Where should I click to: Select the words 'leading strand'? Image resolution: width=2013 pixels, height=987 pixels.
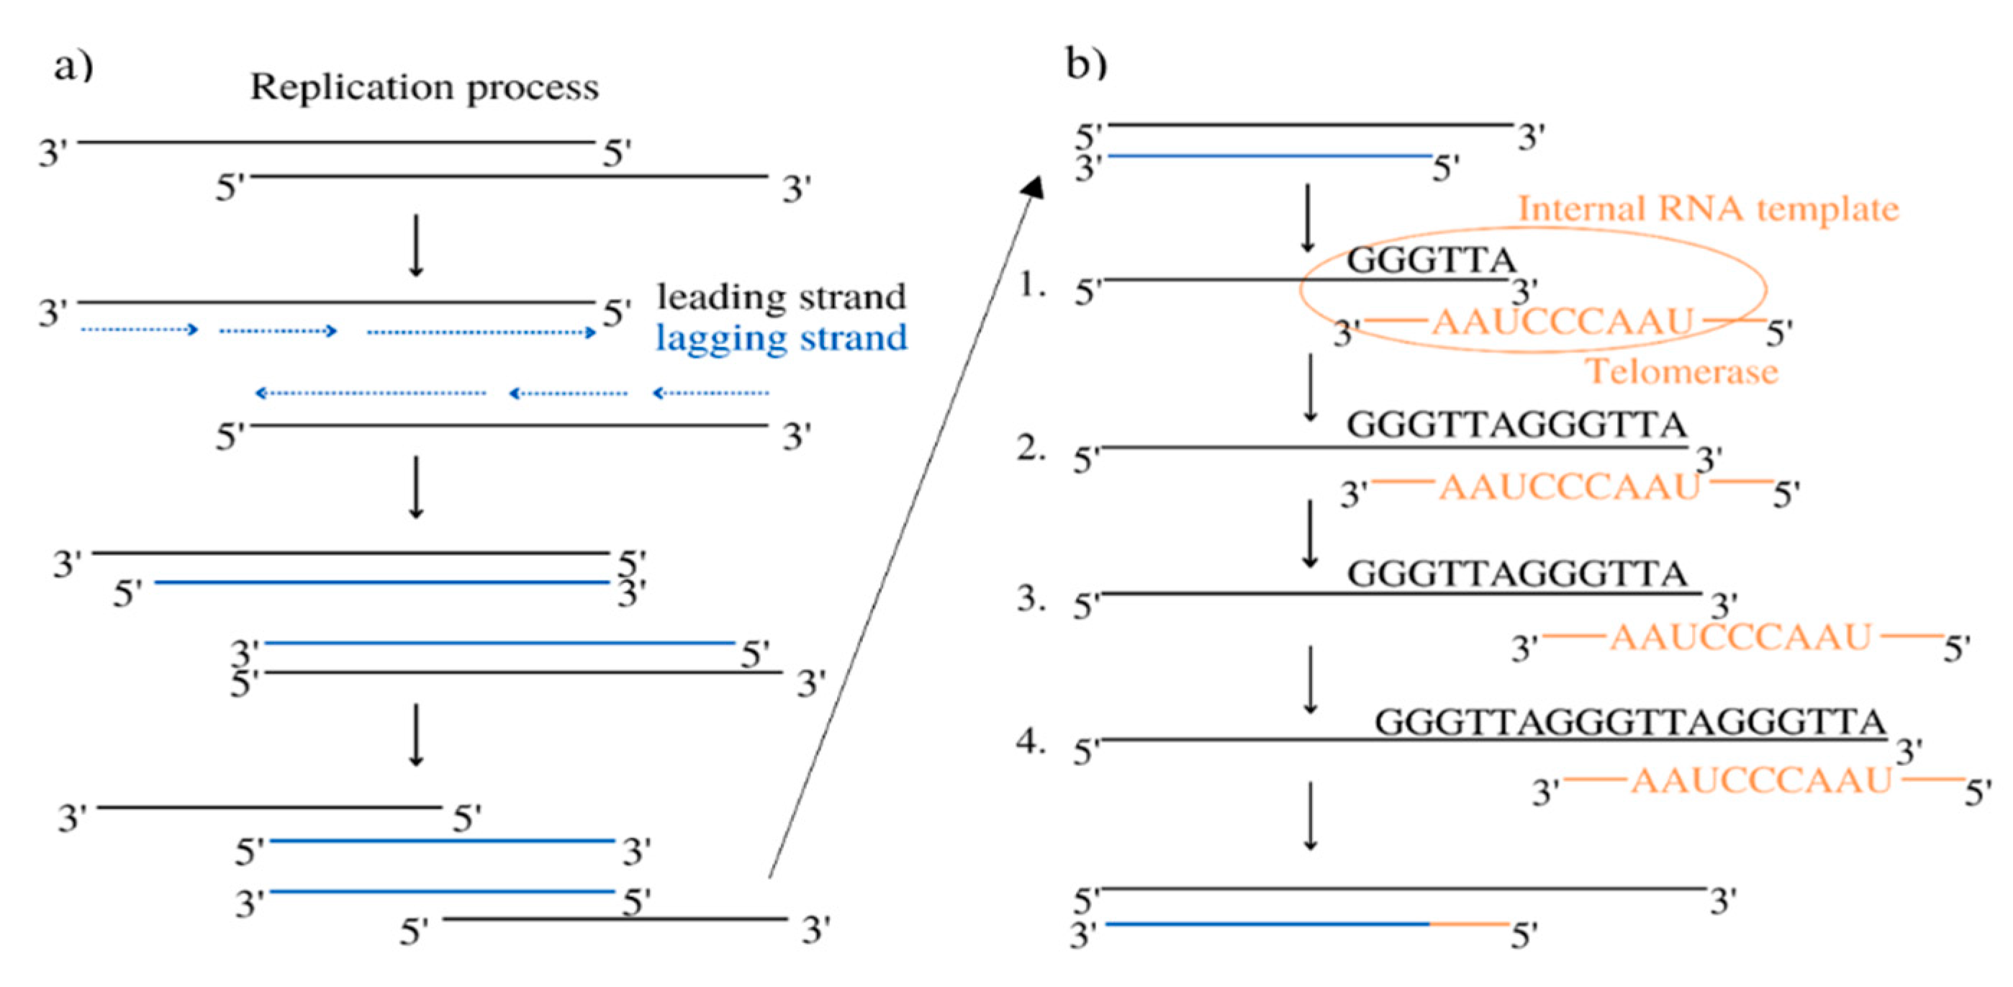(782, 297)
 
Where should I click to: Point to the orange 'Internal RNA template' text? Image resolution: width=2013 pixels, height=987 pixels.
(1709, 209)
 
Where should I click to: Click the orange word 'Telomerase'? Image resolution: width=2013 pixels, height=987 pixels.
(1683, 371)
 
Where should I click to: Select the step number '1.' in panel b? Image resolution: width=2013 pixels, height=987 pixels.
(1031, 286)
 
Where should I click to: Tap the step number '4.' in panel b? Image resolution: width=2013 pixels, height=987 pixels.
(1031, 742)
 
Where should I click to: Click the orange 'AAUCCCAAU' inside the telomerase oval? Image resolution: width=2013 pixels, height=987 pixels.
(1561, 322)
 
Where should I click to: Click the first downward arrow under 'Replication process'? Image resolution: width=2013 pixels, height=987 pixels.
(417, 245)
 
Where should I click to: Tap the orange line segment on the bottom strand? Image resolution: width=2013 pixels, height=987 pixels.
(1469, 924)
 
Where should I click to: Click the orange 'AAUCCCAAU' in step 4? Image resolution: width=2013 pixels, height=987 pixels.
(1761, 780)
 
